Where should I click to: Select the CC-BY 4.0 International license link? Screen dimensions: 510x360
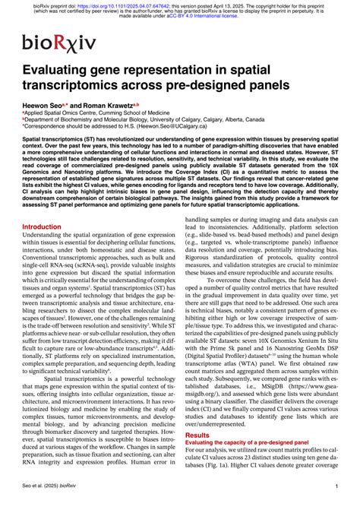pyautogui.click(x=173, y=16)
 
